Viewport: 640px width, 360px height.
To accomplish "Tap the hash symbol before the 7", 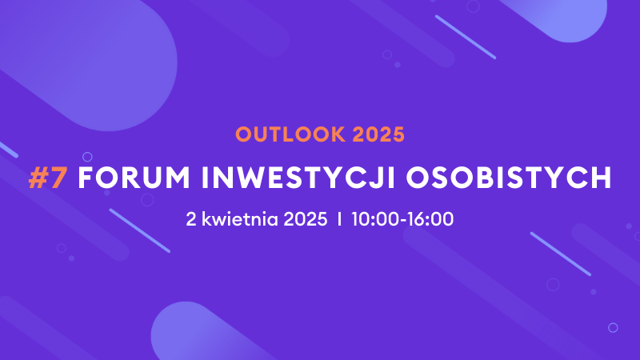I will point(38,178).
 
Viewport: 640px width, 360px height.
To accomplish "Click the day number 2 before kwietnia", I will point(190,218).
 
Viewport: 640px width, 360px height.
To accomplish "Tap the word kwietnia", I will point(239,218).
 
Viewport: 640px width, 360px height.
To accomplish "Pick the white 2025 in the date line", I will point(306,218).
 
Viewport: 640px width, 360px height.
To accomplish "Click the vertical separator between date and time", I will point(339,218).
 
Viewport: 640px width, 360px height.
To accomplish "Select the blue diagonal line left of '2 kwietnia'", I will point(139,230).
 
